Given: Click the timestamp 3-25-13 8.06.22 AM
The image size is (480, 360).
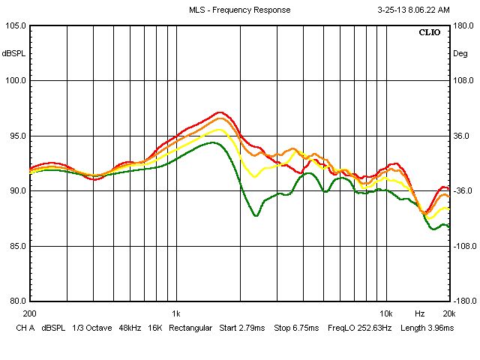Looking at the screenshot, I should pyautogui.click(x=412, y=10).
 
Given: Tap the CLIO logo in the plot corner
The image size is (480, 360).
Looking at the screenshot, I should pyautogui.click(x=430, y=33).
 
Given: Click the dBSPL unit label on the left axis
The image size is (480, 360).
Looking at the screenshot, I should pyautogui.click(x=14, y=53).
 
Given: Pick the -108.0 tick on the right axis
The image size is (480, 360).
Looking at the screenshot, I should pyautogui.click(x=461, y=246).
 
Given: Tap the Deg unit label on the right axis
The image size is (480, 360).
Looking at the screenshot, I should pyautogui.click(x=460, y=53).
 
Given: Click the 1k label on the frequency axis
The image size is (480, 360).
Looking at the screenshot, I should pyautogui.click(x=175, y=313).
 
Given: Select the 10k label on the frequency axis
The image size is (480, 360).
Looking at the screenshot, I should pyautogui.click(x=385, y=313).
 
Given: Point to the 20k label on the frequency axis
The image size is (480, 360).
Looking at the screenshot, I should pyautogui.click(x=448, y=313).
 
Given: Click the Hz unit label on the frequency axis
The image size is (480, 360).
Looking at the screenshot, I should pyautogui.click(x=420, y=313).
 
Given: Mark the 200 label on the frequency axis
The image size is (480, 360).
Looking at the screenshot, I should pyautogui.click(x=30, y=313).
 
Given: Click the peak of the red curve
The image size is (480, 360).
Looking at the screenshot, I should pyautogui.click(x=220, y=112).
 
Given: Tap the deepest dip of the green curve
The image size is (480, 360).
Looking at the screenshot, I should pyautogui.click(x=256, y=216).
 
